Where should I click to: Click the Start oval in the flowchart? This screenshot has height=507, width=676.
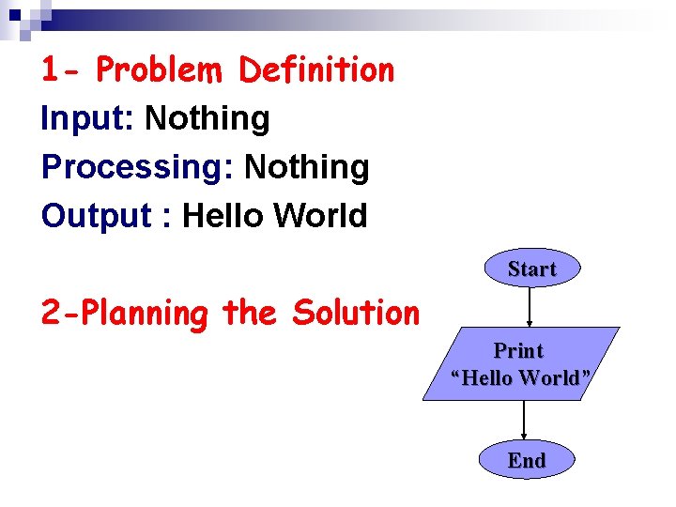[531, 269]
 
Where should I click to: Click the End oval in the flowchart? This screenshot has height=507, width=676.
[526, 460]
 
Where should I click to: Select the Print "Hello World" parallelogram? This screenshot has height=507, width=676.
[521, 364]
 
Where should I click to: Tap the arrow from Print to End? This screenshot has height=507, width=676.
[524, 421]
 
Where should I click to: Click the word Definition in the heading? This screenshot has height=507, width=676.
[316, 69]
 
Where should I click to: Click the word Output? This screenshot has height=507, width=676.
[96, 216]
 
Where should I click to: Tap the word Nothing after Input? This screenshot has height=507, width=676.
[207, 119]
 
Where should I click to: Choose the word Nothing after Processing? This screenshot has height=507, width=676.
[306, 168]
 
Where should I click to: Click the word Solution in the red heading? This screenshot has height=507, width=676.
[356, 313]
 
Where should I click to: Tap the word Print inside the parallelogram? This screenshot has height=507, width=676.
[518, 351]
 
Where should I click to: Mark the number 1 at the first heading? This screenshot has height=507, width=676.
[52, 69]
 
